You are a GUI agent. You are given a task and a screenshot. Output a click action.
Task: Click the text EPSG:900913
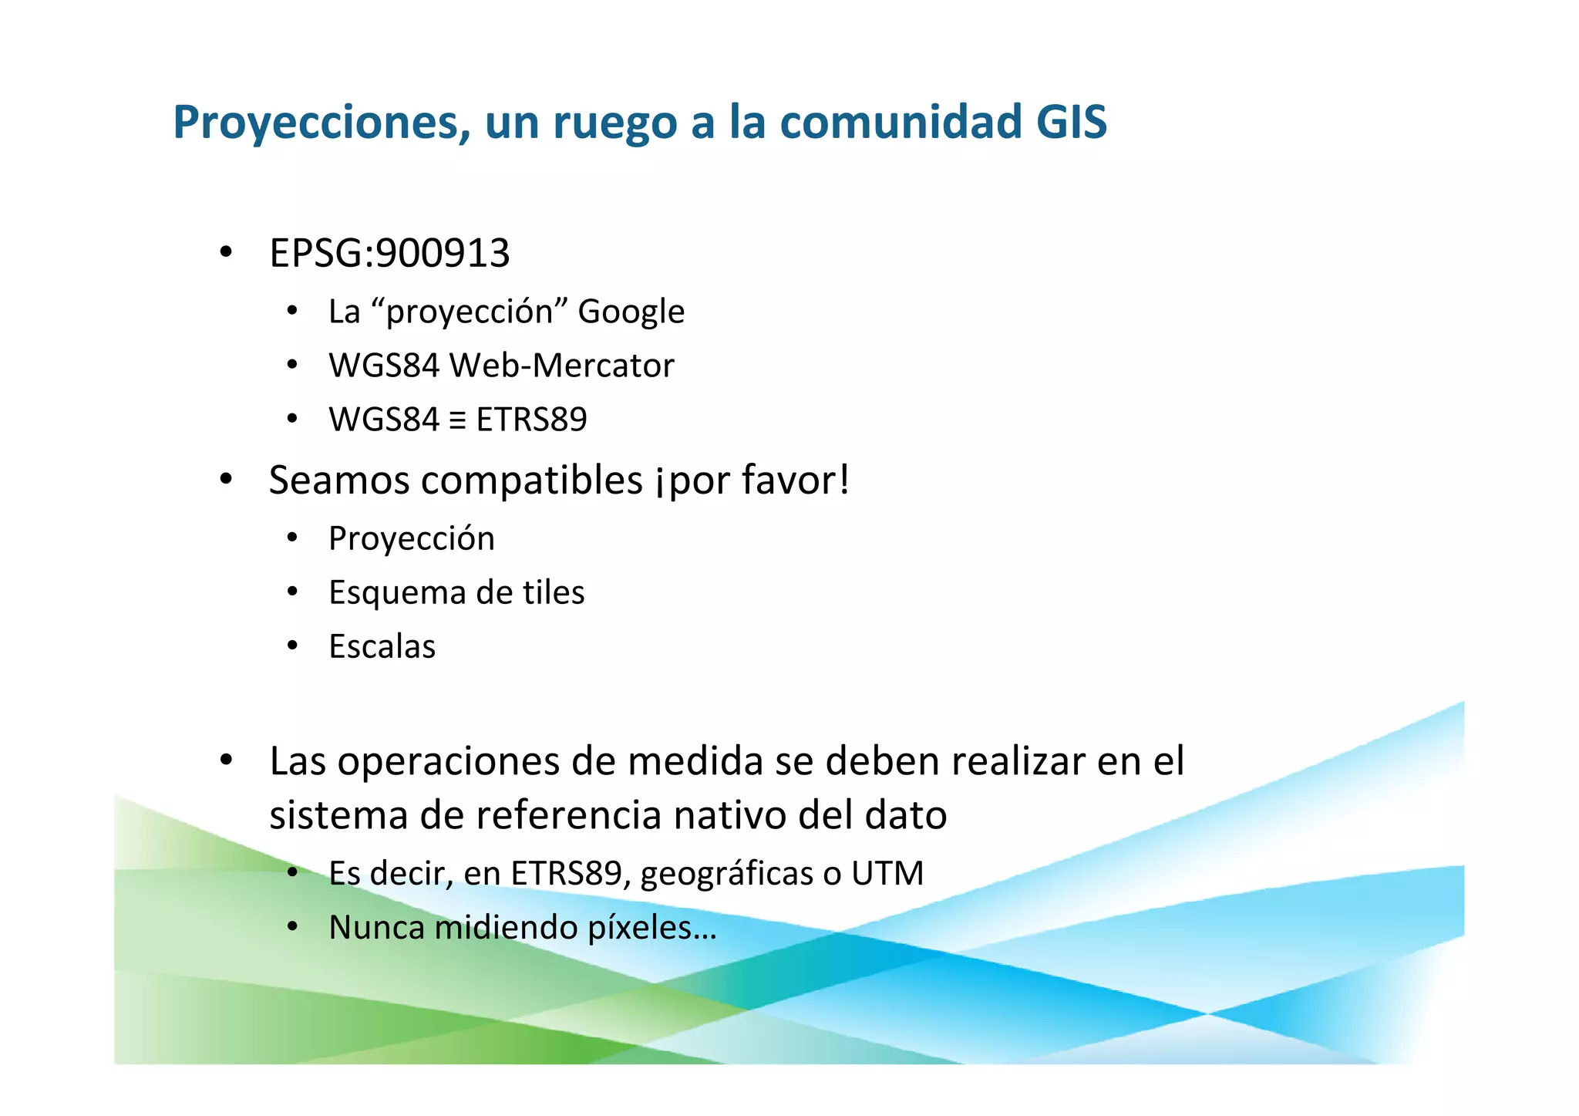(x=389, y=254)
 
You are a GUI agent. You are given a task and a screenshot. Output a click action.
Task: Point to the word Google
(x=631, y=312)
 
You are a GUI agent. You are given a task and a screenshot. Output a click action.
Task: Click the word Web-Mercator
(x=561, y=366)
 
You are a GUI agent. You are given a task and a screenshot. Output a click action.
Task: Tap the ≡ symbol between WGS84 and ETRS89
(x=457, y=420)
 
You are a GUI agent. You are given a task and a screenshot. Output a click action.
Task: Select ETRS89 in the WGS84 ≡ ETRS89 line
(x=531, y=420)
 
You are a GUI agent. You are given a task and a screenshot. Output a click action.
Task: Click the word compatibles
(x=532, y=480)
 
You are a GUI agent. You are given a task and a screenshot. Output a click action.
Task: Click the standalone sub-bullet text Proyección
(x=411, y=538)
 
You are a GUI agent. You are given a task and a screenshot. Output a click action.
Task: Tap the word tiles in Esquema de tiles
(x=554, y=592)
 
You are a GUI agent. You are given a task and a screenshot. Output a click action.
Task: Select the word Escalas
(x=382, y=646)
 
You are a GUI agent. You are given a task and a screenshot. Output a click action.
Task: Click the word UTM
(x=887, y=874)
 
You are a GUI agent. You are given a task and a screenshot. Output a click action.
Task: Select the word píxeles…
(x=652, y=928)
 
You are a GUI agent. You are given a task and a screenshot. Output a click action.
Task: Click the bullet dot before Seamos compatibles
(x=226, y=479)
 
